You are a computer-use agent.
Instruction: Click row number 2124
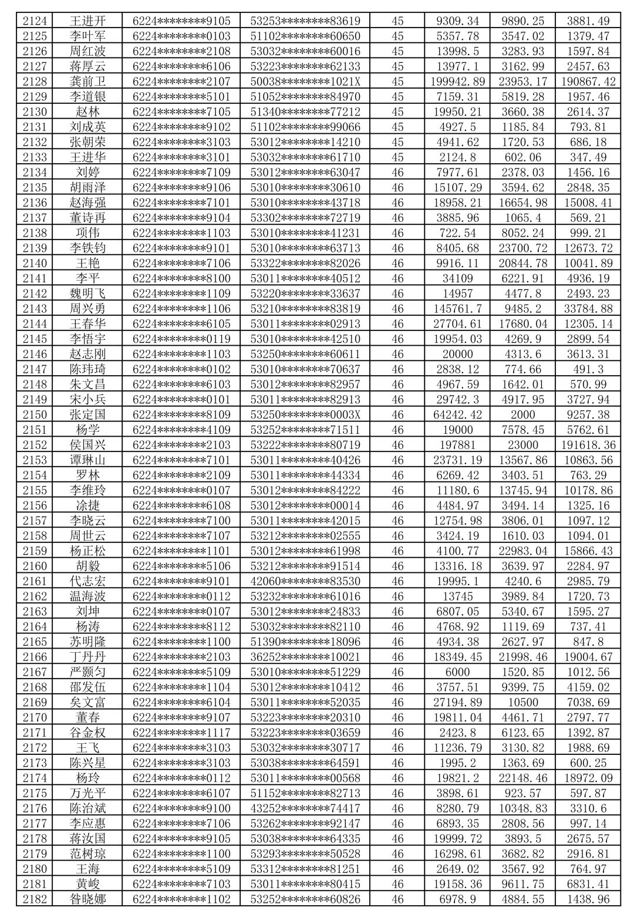click(x=35, y=21)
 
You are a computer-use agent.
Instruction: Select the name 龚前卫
click(x=87, y=82)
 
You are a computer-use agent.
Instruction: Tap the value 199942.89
click(x=457, y=82)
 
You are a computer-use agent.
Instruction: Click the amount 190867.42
click(x=588, y=82)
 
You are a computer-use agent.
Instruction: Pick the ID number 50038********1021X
click(x=305, y=82)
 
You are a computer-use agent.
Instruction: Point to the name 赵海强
click(x=87, y=203)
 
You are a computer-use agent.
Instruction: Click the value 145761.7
click(x=457, y=309)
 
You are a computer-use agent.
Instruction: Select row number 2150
click(x=35, y=414)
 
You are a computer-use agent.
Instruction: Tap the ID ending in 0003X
click(x=305, y=414)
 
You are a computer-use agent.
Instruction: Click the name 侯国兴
click(x=87, y=445)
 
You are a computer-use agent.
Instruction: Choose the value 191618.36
click(x=588, y=445)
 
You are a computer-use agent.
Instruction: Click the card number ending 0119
click(x=181, y=339)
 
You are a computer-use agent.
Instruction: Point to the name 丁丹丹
click(x=87, y=657)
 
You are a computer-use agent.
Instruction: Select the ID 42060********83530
click(x=305, y=581)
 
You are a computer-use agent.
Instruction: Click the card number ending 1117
click(x=181, y=733)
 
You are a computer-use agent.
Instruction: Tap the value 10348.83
click(x=522, y=808)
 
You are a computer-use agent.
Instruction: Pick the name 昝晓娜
click(x=87, y=899)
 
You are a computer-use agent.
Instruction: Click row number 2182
click(x=35, y=899)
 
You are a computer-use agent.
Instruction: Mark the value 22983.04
click(x=522, y=551)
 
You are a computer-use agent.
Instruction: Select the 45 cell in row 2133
click(x=397, y=157)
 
